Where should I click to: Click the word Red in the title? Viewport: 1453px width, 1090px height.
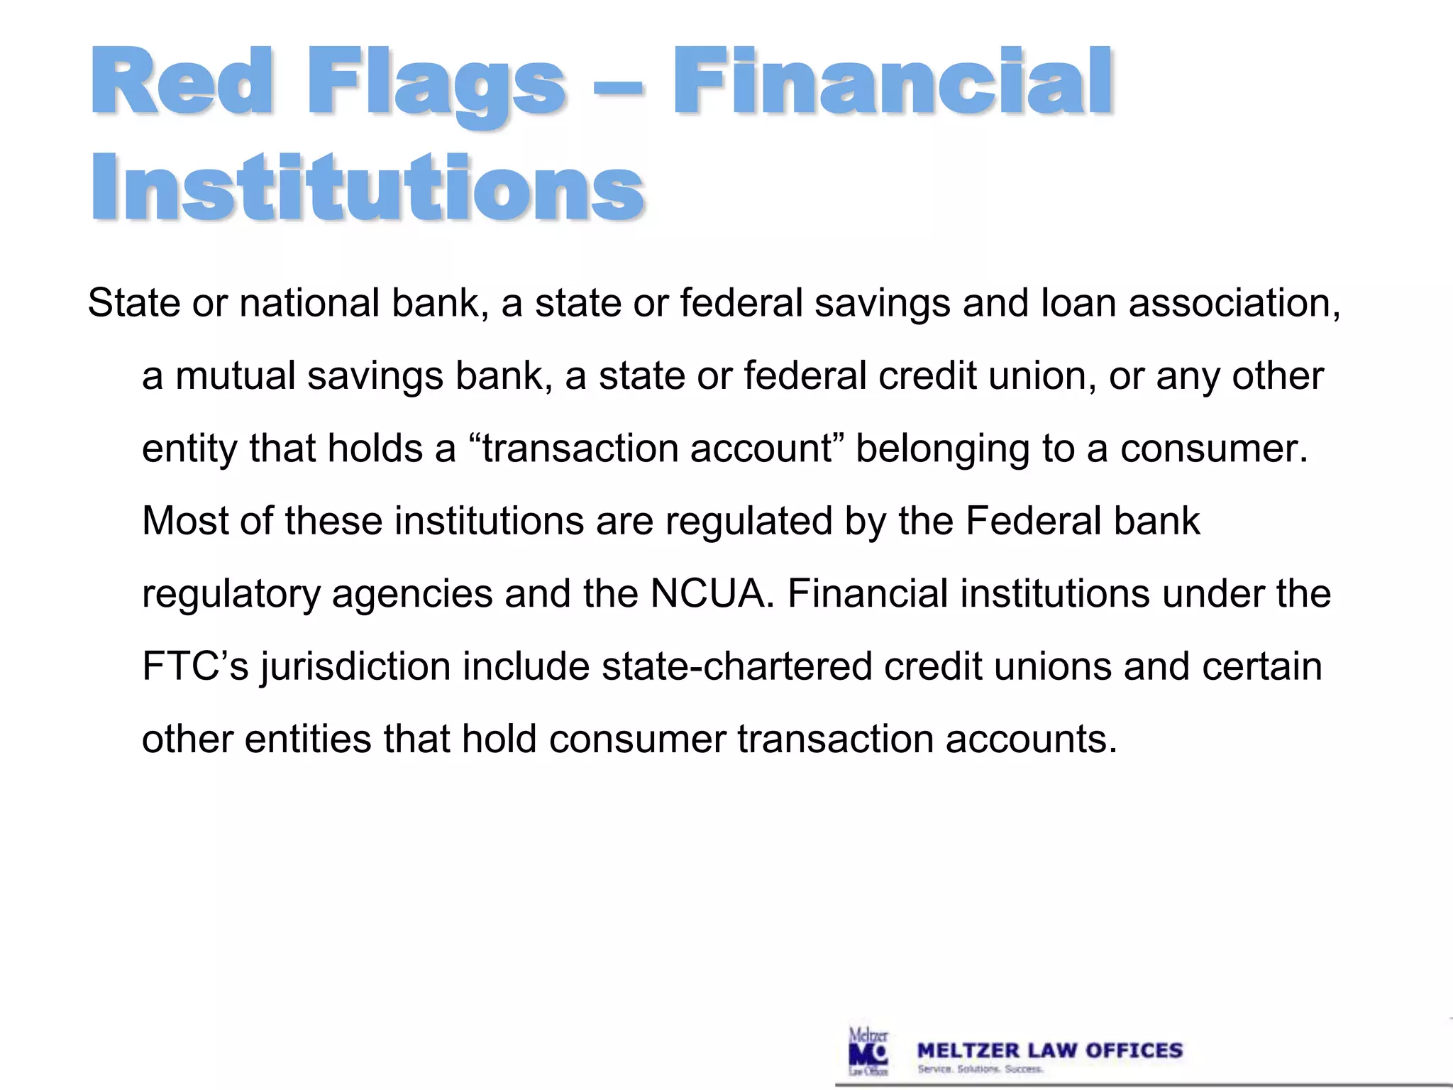click(x=181, y=82)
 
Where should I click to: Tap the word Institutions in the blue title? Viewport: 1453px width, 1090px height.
click(x=368, y=188)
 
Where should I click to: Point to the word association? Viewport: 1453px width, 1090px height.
click(x=1234, y=303)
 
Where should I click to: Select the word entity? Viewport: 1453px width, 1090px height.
click(x=189, y=449)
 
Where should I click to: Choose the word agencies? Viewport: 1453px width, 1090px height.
click(x=412, y=595)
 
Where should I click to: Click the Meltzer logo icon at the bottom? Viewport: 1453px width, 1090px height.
click(x=868, y=1051)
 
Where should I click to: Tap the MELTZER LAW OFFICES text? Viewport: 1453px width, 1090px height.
click(x=1050, y=1050)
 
